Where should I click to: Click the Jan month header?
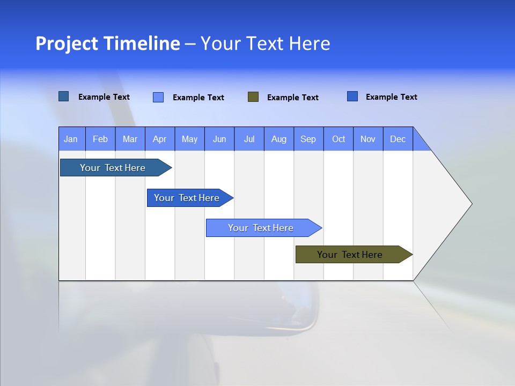(x=71, y=139)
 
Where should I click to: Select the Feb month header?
(x=100, y=139)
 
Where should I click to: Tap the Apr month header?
(x=159, y=139)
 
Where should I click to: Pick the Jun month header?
(x=219, y=139)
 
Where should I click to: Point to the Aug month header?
(x=278, y=139)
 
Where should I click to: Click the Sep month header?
(x=308, y=139)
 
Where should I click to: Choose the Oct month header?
(x=339, y=139)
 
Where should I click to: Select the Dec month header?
(x=398, y=139)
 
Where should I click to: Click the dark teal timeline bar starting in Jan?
(x=113, y=168)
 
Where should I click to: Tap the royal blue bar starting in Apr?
(x=187, y=198)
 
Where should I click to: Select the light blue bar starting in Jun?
(x=261, y=228)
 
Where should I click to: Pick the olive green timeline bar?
(x=350, y=255)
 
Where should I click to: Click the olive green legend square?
(x=253, y=97)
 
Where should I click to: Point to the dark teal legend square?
(x=63, y=96)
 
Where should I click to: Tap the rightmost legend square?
(x=352, y=96)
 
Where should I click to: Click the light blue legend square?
(x=158, y=97)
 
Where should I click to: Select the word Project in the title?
(x=68, y=43)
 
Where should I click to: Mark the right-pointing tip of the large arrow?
(x=470, y=204)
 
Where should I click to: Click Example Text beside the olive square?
(x=292, y=98)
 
